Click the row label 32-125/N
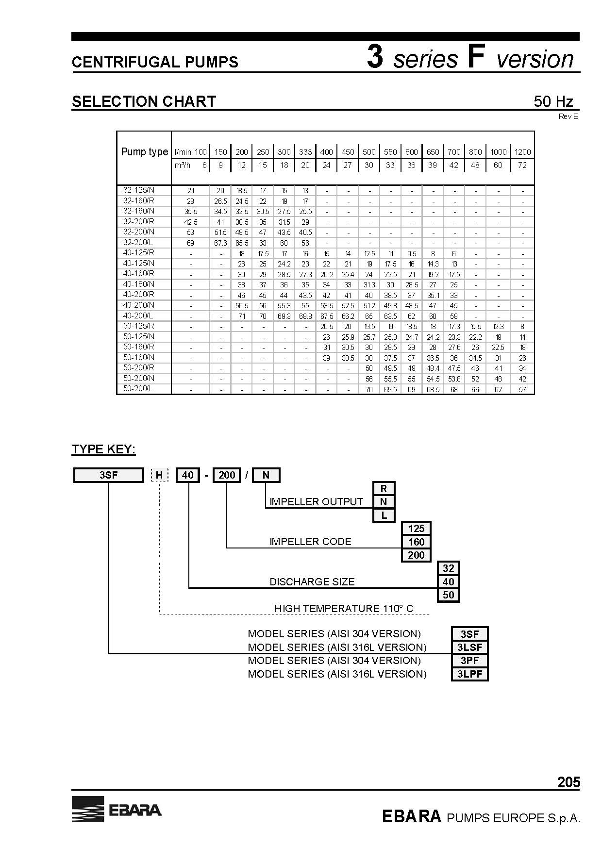click(138, 190)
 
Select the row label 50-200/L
click(138, 389)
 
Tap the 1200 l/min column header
click(522, 152)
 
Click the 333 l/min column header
click(305, 152)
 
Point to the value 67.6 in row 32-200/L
click(220, 243)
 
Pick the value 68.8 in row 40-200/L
click(305, 316)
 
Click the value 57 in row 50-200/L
click(522, 390)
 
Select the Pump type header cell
click(144, 152)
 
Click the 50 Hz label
click(553, 101)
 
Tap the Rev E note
click(569, 116)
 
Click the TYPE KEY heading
click(104, 449)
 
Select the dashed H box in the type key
click(159, 475)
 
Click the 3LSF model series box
click(469, 647)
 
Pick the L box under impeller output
click(384, 515)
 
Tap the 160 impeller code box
click(417, 542)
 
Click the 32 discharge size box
click(449, 568)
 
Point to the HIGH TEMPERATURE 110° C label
click(344, 608)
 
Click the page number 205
click(569, 782)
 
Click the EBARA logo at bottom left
click(117, 809)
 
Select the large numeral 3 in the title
click(375, 57)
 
